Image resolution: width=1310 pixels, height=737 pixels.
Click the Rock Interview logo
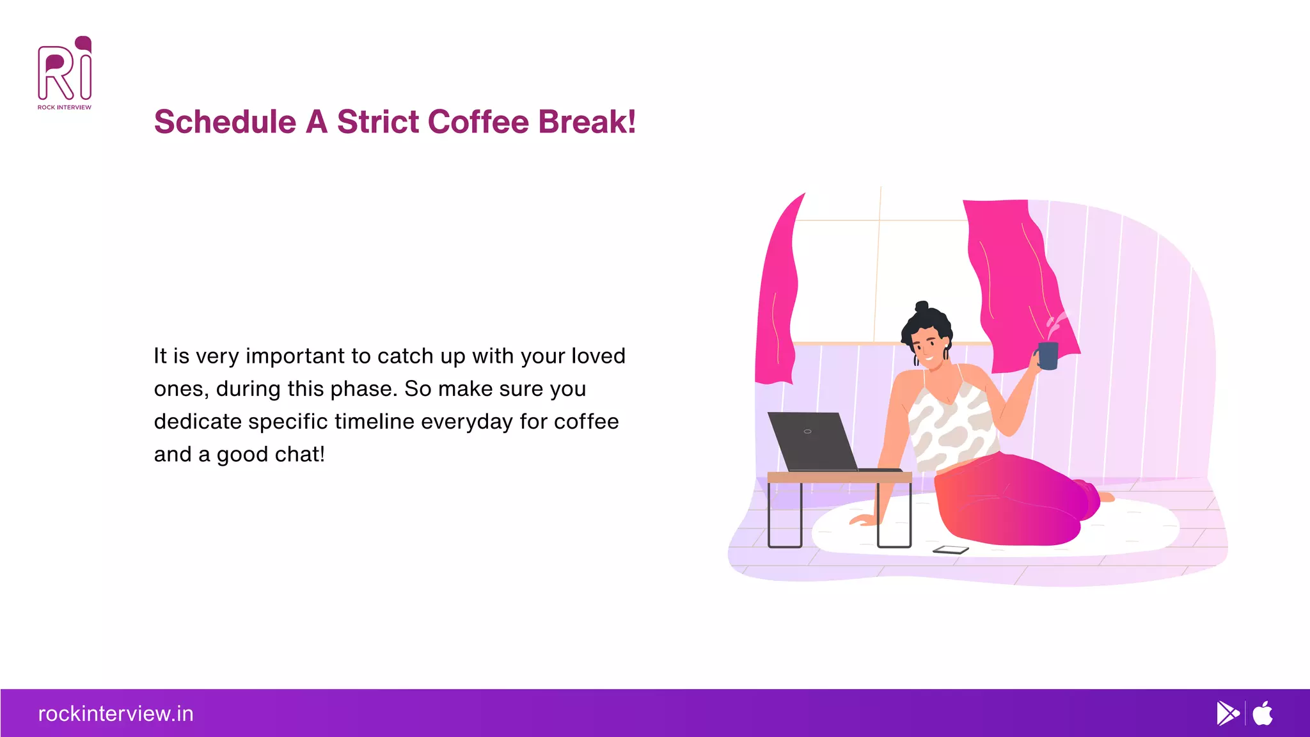(65, 73)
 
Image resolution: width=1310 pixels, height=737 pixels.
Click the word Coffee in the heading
(478, 122)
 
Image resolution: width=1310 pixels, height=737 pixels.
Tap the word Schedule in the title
(225, 122)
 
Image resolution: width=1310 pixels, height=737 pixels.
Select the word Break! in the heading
(587, 122)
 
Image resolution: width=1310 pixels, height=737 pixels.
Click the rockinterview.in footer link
(116, 713)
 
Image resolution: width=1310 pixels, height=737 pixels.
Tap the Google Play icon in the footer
(1227, 713)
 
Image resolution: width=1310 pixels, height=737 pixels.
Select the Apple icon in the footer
(1263, 713)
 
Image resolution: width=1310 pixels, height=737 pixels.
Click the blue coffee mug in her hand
(1048, 356)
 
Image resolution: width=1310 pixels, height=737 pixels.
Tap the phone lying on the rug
(951, 550)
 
